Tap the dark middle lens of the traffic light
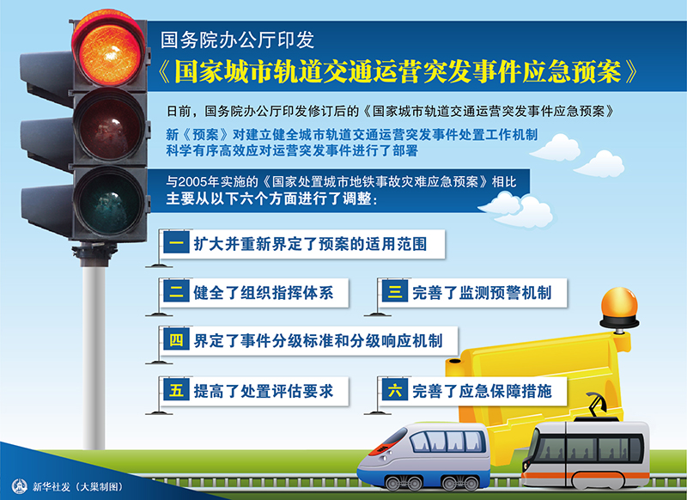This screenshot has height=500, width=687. tap(109, 125)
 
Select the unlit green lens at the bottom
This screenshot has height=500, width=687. tap(109, 203)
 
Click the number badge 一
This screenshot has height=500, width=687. tap(177, 243)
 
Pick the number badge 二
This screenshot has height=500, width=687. tap(177, 291)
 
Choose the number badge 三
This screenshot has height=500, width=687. tap(395, 291)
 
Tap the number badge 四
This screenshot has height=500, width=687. tap(177, 339)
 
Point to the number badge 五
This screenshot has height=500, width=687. tap(177, 389)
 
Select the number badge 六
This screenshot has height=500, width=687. tap(395, 389)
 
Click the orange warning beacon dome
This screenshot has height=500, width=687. tap(619, 303)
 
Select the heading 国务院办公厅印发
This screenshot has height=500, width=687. tap(237, 40)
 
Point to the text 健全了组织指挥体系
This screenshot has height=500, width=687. tap(264, 292)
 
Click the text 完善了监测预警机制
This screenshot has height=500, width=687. tap(482, 292)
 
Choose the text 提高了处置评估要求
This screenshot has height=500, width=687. tap(264, 390)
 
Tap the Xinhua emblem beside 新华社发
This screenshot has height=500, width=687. tap(19, 486)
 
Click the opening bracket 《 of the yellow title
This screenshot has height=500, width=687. tap(164, 71)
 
